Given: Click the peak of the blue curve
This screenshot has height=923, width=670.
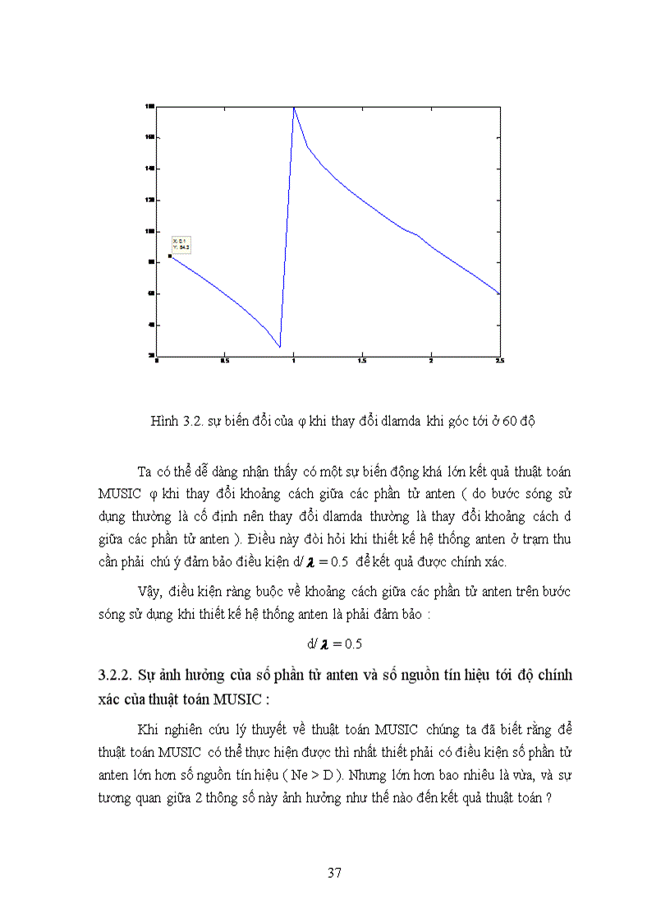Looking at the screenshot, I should [293, 108].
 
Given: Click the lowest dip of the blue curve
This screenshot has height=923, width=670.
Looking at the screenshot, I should [279, 346].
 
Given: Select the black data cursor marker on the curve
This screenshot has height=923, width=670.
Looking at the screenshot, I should [170, 256].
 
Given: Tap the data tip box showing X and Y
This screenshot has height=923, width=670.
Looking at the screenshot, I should [181, 243].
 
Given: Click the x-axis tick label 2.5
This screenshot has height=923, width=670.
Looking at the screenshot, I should [498, 360].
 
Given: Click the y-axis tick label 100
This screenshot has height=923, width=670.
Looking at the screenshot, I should [150, 231].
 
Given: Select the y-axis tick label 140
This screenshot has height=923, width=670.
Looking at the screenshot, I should [150, 168].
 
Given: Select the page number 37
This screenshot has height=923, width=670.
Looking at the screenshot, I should [334, 873].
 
